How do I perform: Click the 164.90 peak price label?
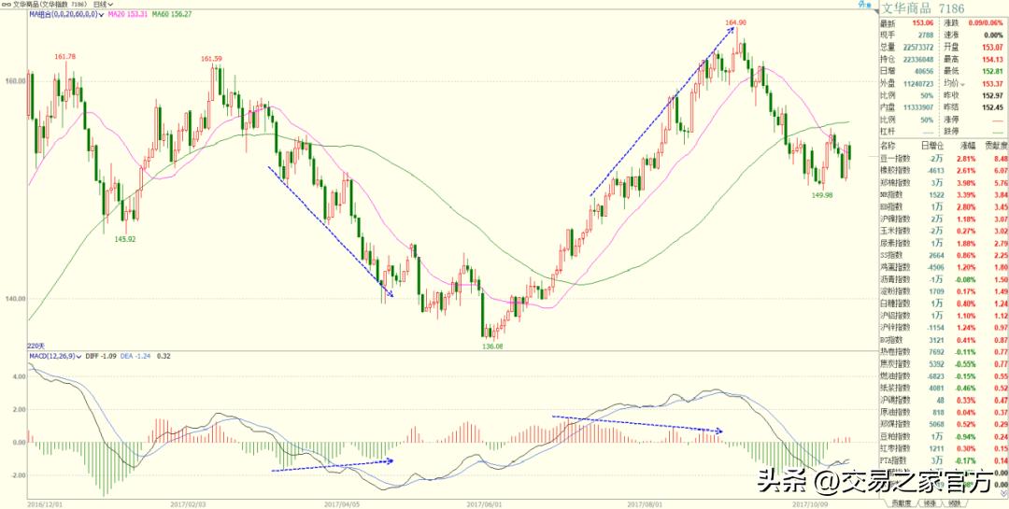tap(735, 21)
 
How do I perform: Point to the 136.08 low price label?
tap(492, 346)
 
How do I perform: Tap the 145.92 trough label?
tap(126, 238)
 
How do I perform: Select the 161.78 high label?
tap(65, 57)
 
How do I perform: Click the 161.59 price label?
tap(210, 59)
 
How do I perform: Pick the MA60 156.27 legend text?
tap(175, 15)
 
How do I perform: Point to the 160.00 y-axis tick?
tap(13, 80)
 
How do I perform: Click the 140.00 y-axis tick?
tap(13, 299)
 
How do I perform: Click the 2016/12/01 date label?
tap(45, 502)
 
